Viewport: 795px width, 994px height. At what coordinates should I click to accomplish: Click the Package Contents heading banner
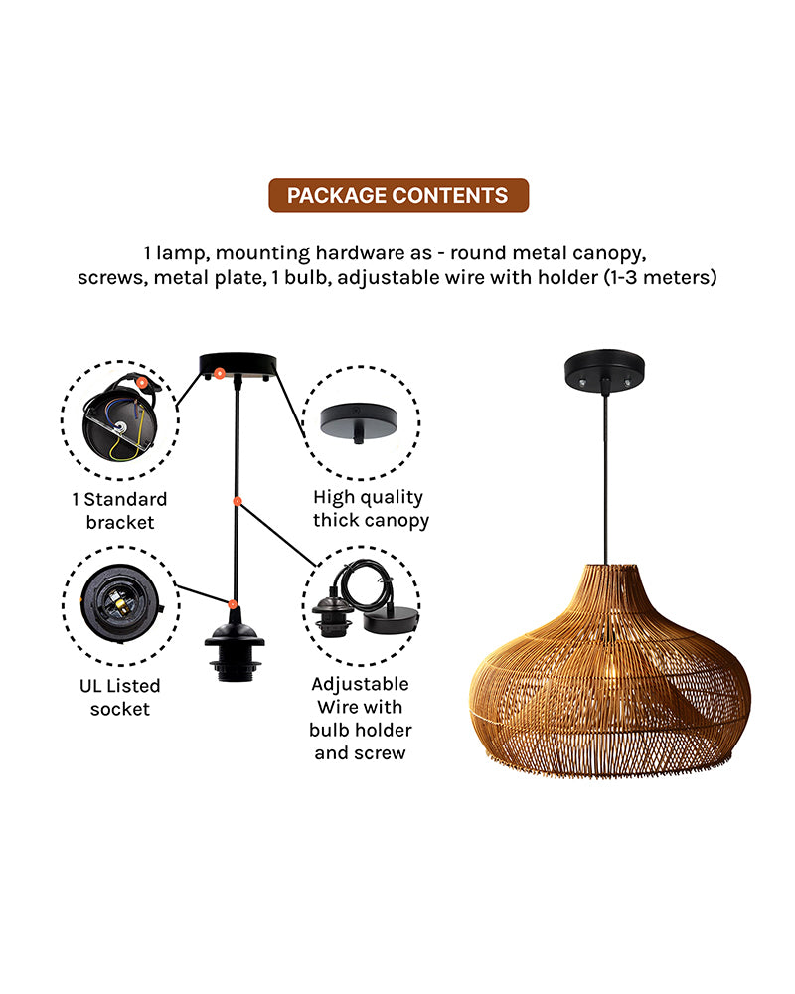point(397,196)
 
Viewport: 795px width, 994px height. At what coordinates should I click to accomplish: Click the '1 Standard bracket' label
point(120,510)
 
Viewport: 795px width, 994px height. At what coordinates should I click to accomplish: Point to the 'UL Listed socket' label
point(120,697)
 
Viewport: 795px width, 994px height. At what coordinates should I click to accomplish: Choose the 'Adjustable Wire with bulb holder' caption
point(360,719)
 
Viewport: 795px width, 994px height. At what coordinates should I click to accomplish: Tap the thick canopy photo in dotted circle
point(360,421)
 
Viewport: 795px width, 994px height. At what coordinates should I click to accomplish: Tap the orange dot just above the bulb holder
point(232,603)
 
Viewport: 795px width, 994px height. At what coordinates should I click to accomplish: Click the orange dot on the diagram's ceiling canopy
point(220,375)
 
